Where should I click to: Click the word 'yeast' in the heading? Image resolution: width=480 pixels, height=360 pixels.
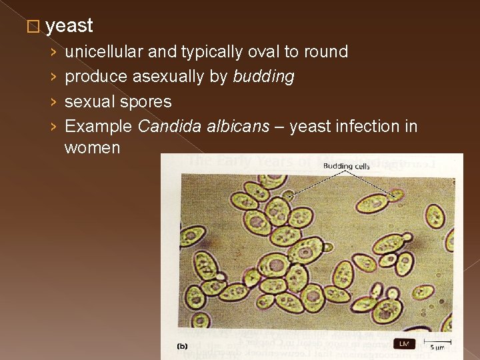pyautogui.click(x=70, y=26)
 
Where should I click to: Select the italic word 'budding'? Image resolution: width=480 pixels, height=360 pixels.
pyautogui.click(x=263, y=77)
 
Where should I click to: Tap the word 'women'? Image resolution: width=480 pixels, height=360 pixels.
pyautogui.click(x=92, y=148)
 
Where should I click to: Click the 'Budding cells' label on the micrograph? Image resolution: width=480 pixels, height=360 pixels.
pyautogui.click(x=346, y=165)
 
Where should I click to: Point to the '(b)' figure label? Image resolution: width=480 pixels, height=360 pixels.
pyautogui.click(x=181, y=345)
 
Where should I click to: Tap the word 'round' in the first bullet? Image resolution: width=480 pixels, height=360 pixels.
pyautogui.click(x=327, y=52)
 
